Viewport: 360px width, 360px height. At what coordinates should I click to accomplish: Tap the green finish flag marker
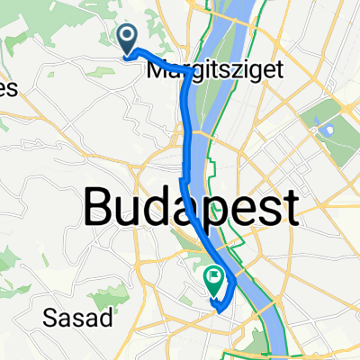tap(215, 283)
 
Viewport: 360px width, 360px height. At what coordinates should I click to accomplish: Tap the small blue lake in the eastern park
tap(325, 129)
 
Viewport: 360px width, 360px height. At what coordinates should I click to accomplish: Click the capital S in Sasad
tap(49, 317)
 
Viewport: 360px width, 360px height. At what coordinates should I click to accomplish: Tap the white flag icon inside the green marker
tap(215, 279)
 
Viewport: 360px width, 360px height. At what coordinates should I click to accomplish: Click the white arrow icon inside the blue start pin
tap(127, 36)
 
